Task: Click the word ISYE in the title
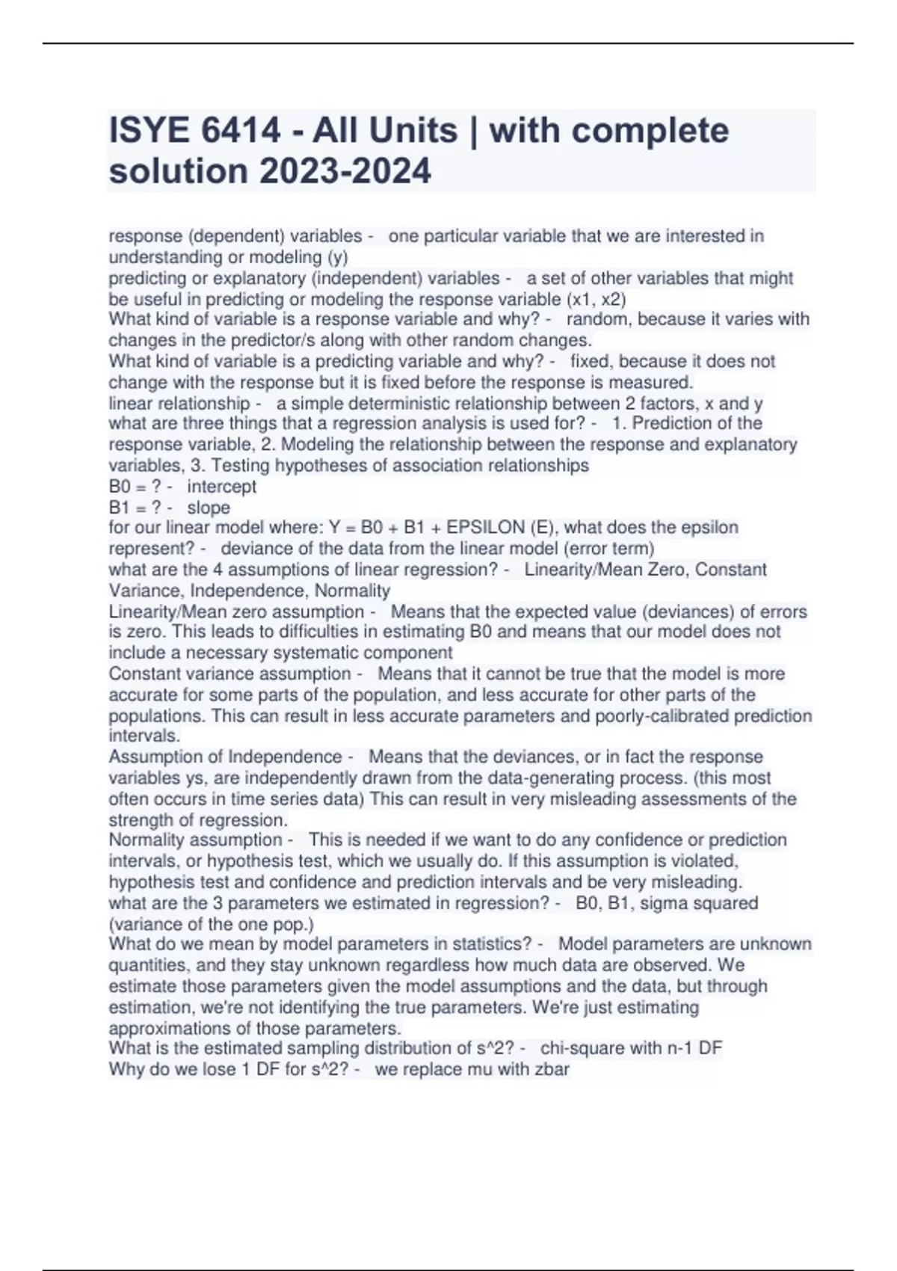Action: pos(149,131)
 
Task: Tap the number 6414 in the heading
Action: pos(241,131)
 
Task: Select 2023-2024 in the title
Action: pos(345,171)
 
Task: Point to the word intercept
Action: pos(221,487)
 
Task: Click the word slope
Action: pos(209,508)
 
